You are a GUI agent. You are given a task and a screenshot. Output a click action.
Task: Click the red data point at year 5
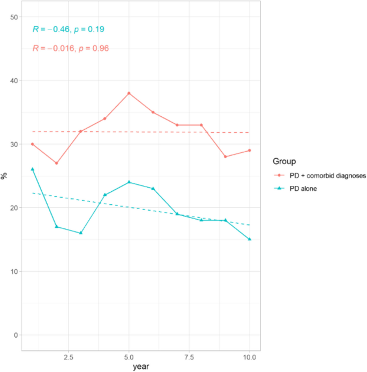(x=129, y=93)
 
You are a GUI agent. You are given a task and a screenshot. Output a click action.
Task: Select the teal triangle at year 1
(x=33, y=169)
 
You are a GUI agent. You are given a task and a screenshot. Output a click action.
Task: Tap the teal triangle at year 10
(x=249, y=239)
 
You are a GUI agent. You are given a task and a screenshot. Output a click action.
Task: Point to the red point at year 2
(x=56, y=163)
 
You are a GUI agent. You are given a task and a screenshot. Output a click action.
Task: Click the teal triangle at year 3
(x=80, y=233)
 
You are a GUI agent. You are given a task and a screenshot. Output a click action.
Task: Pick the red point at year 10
(x=249, y=151)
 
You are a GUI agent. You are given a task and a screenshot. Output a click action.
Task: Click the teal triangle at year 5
(x=129, y=182)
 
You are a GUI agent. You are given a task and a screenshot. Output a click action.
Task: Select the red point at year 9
(x=225, y=157)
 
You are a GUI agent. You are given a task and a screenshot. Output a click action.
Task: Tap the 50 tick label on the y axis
(x=14, y=18)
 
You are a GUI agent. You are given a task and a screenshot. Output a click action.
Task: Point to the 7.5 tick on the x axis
(x=189, y=357)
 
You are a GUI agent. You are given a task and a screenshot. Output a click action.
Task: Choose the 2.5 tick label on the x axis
(x=69, y=357)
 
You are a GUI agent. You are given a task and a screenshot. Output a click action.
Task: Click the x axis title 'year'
(x=141, y=367)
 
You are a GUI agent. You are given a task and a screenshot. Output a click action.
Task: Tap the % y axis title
(x=4, y=176)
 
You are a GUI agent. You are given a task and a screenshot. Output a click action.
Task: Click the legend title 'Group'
(x=285, y=160)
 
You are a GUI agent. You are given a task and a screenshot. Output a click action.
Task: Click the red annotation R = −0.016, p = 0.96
(x=71, y=48)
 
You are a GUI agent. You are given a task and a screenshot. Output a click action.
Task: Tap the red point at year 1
(x=33, y=144)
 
